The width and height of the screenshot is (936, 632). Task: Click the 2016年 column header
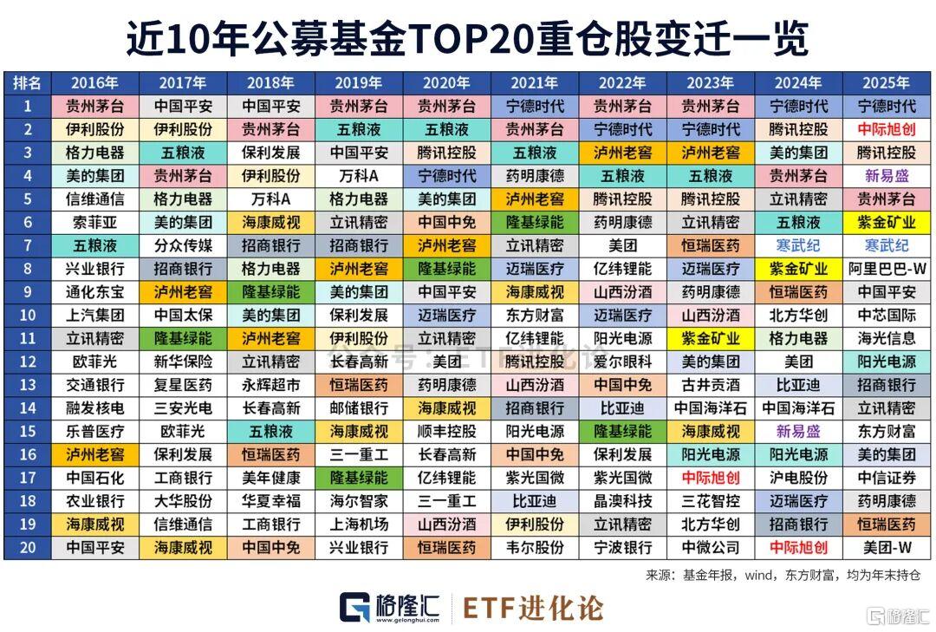tap(94, 83)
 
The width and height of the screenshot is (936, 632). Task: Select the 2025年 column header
tap(886, 83)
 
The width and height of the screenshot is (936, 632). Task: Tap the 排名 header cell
tap(27, 83)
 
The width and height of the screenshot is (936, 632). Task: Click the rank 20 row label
tap(27, 548)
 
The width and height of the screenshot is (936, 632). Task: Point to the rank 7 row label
tap(27, 245)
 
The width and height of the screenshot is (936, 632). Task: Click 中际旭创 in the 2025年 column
tap(886, 130)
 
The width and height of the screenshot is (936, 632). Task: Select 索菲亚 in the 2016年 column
tap(94, 223)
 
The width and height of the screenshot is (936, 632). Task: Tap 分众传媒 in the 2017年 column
tap(183, 245)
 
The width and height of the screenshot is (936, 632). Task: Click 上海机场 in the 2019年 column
tap(359, 524)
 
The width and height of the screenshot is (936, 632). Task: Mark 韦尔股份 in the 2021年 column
tap(535, 548)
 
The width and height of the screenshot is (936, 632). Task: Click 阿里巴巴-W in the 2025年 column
tap(886, 269)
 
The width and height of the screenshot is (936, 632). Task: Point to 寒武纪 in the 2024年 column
tap(798, 245)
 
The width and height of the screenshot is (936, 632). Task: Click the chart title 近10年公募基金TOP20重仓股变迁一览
tap(468, 37)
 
